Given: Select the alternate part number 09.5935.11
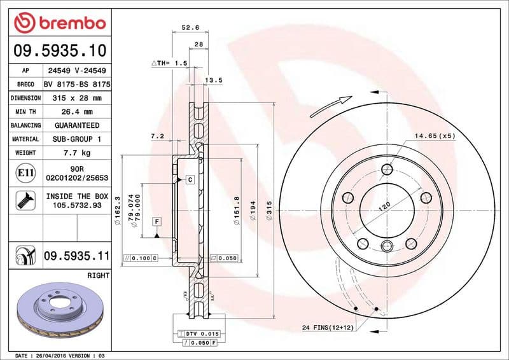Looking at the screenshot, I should click(76, 256).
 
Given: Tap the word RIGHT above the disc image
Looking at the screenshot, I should click(97, 275).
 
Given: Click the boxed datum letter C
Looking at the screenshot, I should click(190, 181).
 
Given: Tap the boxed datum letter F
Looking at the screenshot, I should click(156, 221).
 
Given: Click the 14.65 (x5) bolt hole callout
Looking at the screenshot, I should click(435, 136).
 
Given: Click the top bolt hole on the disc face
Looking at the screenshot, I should click(387, 169).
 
